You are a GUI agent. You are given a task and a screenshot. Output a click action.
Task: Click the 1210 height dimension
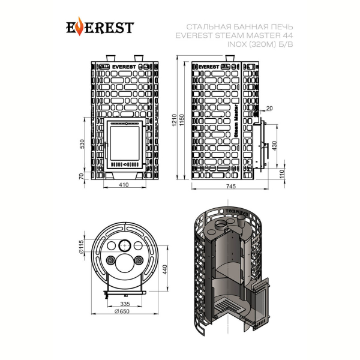tap(175, 120)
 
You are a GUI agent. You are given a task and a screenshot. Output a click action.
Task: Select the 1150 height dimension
tap(182, 120)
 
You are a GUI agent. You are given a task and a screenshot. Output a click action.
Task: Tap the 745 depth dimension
tap(231, 186)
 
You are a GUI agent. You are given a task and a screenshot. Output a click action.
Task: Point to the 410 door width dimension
tap(124, 185)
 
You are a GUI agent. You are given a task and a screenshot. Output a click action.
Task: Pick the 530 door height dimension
tap(82, 144)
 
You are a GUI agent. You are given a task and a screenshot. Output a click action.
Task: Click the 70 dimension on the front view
tap(81, 176)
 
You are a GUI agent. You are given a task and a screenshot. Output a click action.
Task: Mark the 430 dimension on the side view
tap(274, 146)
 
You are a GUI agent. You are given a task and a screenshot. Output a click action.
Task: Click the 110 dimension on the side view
tap(282, 174)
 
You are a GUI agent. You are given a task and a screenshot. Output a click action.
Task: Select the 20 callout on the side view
tap(269, 108)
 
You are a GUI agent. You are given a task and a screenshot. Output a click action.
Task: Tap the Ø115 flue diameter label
tap(81, 246)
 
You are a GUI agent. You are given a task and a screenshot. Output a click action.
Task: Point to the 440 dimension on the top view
tap(165, 269)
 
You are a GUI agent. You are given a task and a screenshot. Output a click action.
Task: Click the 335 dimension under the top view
tap(125, 304)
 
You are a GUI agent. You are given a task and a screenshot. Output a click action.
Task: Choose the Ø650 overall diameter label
tap(122, 311)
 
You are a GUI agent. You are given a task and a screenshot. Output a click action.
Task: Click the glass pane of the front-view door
tap(125, 143)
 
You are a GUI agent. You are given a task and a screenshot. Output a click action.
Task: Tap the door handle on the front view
tap(106, 151)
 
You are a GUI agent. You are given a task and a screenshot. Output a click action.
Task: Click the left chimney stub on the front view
tap(110, 58)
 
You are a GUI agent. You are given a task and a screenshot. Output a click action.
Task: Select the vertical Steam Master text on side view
tap(236, 121)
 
